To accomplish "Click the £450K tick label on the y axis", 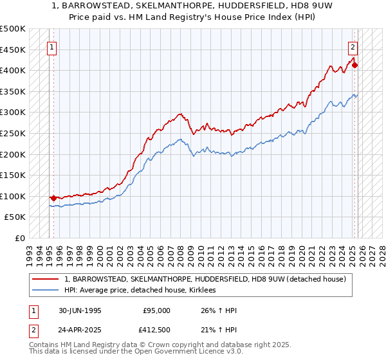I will pyautogui.click(x=13, y=50).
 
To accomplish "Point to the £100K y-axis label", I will pyautogui.click(x=13, y=196).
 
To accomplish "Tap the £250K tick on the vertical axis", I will pyautogui.click(x=13, y=133).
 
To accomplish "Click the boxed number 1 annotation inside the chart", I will pyautogui.click(x=51, y=47).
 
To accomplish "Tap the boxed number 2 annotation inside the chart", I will pyautogui.click(x=353, y=47).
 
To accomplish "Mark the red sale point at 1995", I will pyautogui.click(x=53, y=198).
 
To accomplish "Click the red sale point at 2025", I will pyautogui.click(x=354, y=65).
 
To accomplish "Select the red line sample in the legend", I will pyautogui.click(x=46, y=279).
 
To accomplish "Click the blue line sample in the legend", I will pyautogui.click(x=46, y=291).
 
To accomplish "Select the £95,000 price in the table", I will pyautogui.click(x=157, y=310).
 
